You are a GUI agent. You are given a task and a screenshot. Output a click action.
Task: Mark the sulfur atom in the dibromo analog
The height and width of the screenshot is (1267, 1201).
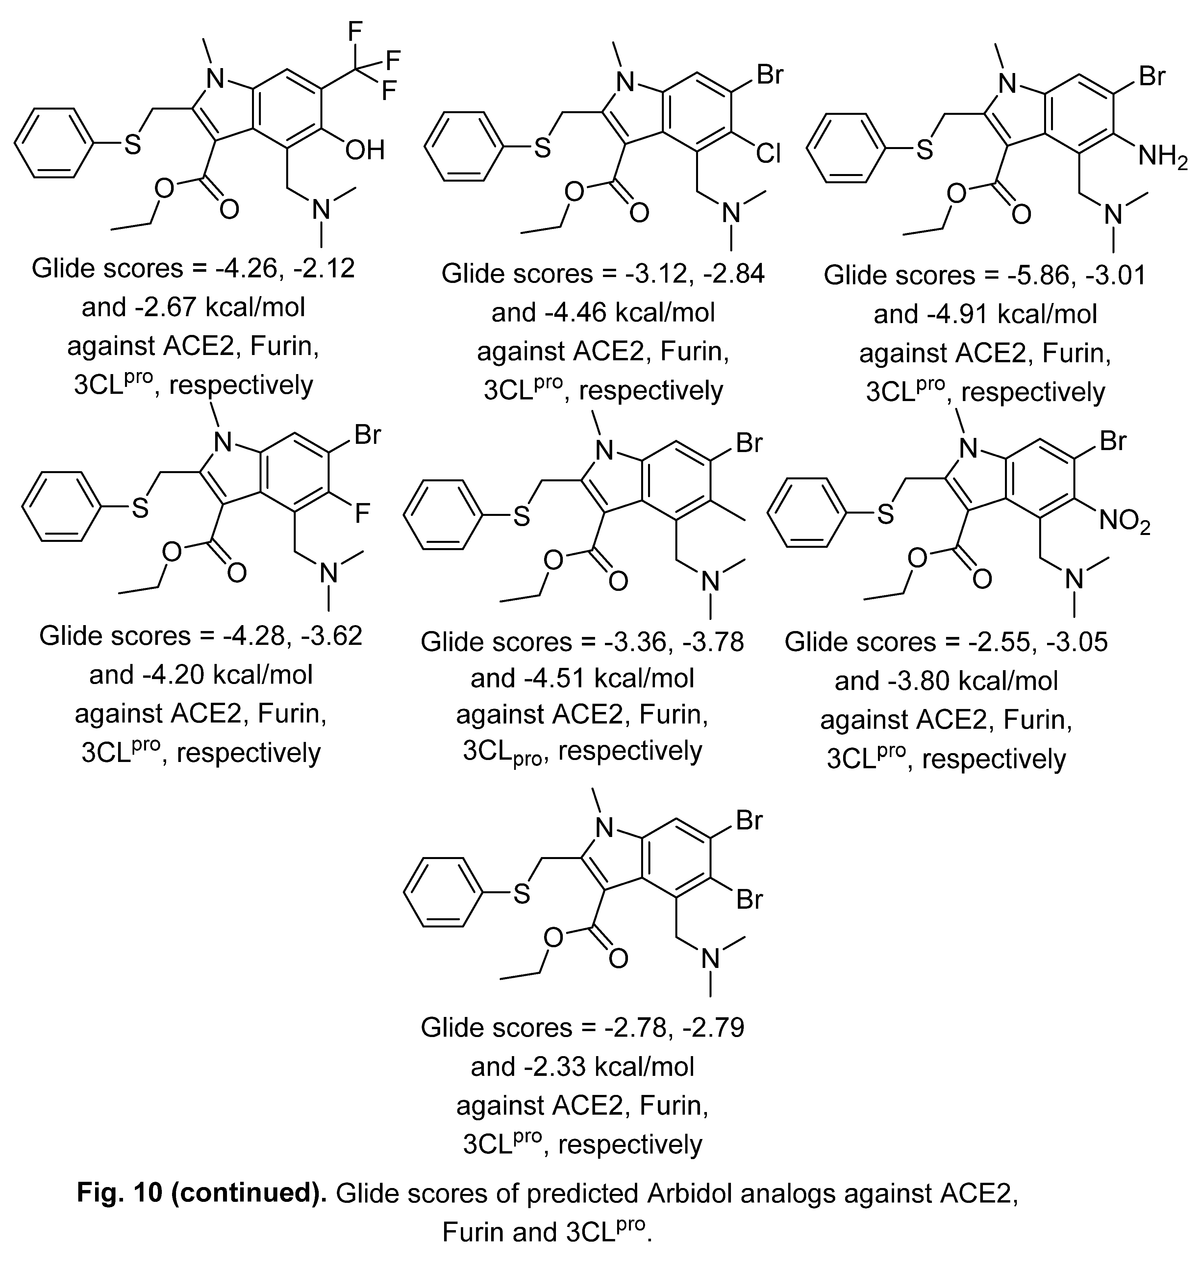pyautogui.click(x=522, y=894)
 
